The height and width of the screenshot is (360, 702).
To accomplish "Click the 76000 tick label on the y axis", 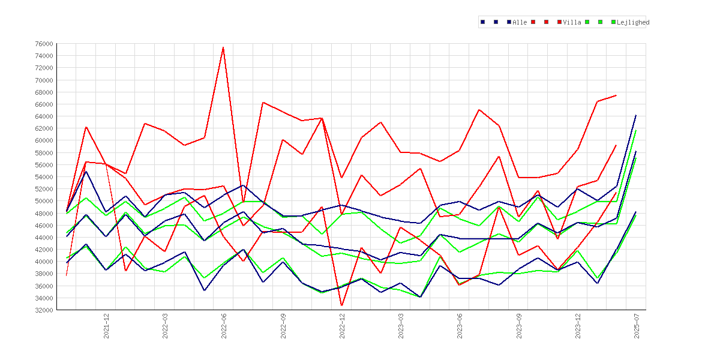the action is [x=43, y=44].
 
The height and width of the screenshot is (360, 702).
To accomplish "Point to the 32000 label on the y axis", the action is [x=43, y=310].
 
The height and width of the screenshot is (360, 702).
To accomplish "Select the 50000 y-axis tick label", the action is [x=43, y=201].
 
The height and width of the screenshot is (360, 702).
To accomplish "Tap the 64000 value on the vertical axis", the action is [x=43, y=116].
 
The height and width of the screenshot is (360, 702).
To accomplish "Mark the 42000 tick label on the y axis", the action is [x=43, y=250].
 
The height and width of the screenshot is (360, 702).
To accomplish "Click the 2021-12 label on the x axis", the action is [x=107, y=326].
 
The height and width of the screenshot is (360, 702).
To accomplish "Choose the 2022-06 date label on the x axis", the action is [x=224, y=326].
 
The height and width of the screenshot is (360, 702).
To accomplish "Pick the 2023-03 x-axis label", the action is [x=401, y=326].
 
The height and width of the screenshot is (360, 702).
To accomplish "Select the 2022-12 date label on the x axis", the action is [x=343, y=326].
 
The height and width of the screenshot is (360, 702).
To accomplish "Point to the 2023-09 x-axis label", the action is [x=520, y=326].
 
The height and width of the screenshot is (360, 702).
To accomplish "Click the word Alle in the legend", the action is [x=520, y=22].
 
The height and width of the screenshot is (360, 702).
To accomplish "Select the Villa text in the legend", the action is [x=572, y=22].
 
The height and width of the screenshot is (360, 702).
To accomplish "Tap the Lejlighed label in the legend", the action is [x=633, y=22].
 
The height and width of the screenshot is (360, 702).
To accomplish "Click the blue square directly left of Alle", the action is [x=509, y=22].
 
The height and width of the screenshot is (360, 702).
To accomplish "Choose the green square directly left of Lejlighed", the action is [x=614, y=22].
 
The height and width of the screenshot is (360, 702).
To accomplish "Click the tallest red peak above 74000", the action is [x=223, y=47].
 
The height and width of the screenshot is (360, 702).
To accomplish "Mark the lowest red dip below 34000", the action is [x=341, y=306].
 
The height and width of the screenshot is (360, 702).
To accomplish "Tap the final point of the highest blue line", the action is [x=636, y=115].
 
